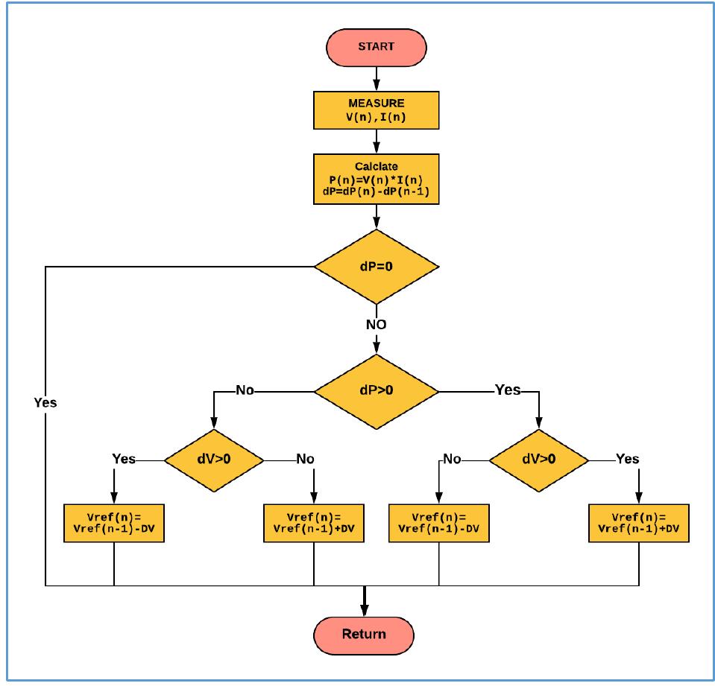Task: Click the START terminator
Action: coord(376,46)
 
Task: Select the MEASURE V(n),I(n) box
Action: coord(376,109)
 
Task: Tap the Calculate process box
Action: coord(376,179)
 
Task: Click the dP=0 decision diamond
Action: coord(376,267)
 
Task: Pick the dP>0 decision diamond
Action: coord(376,390)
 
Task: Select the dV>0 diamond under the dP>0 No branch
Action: coord(214,459)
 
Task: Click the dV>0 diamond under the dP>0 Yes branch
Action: coord(538,459)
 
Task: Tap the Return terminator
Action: coord(365,634)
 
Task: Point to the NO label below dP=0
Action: coord(376,325)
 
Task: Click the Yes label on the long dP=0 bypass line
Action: coord(45,402)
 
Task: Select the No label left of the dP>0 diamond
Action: coord(246,390)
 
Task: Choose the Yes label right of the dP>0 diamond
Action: coord(508,390)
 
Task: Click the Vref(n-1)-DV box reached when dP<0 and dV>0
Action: coord(114,523)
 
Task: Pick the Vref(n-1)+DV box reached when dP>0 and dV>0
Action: coord(638,523)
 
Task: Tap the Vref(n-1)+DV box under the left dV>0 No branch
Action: coord(314,523)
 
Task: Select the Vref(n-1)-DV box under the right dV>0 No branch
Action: coord(439,523)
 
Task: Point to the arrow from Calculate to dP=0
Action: coord(376,217)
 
